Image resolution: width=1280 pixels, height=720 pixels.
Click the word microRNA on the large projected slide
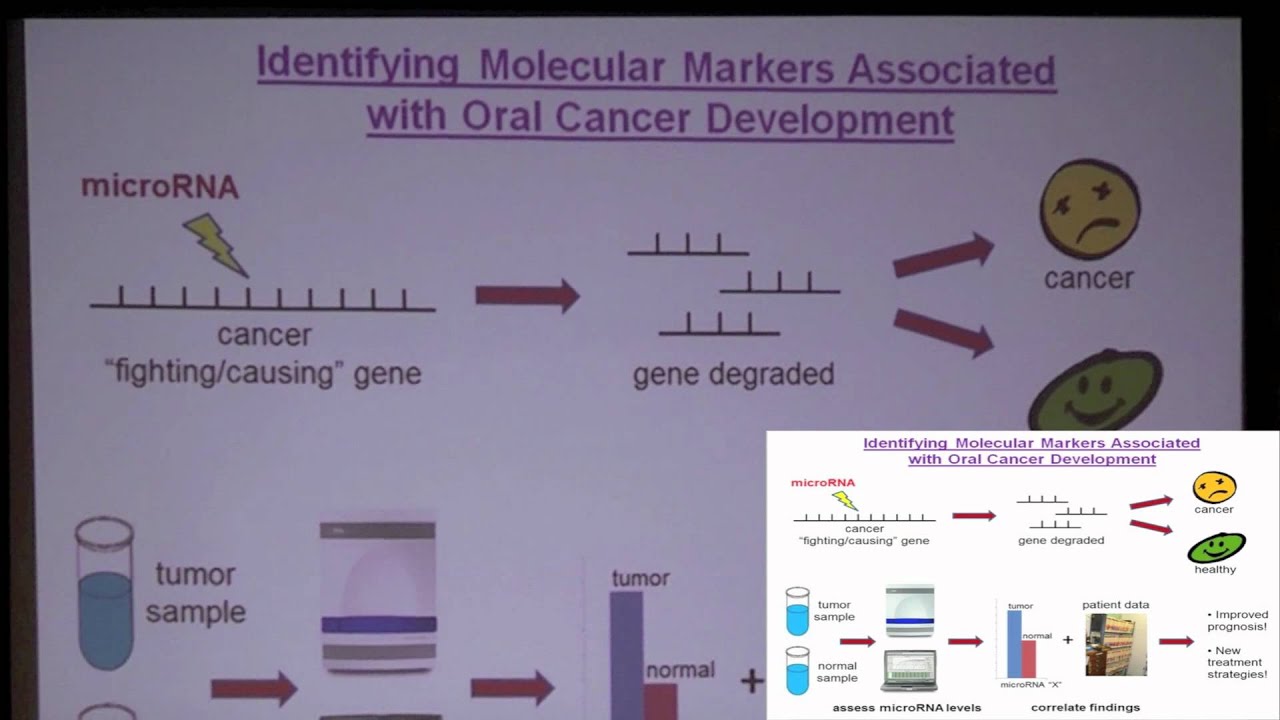[x=160, y=187]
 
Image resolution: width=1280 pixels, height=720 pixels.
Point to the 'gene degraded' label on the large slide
[x=733, y=374]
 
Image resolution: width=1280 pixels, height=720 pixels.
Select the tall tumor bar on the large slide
[x=626, y=650]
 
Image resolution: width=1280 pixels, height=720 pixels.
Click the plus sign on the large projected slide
[x=751, y=682]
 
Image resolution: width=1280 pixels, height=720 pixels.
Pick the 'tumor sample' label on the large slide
[x=195, y=593]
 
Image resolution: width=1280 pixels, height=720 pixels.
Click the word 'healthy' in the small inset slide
[x=1215, y=569]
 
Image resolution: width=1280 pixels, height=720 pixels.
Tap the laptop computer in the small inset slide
[x=909, y=671]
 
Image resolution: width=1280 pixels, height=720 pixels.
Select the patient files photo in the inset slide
[x=1116, y=645]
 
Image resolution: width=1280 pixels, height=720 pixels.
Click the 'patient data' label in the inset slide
[x=1115, y=605]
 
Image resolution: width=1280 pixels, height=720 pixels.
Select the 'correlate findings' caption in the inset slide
[x=1085, y=707]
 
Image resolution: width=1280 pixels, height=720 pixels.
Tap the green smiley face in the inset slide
[x=1216, y=547]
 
